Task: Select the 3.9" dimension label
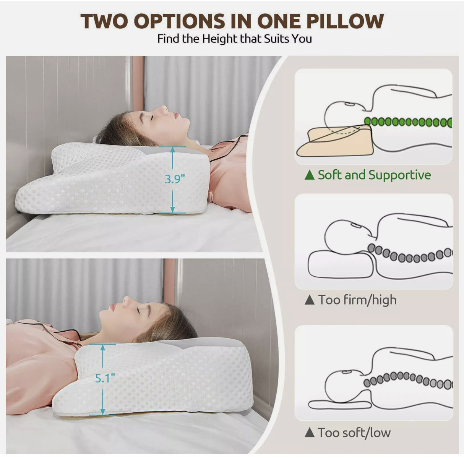tap(175, 179)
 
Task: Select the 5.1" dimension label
tap(105, 378)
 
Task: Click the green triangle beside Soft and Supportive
tap(309, 175)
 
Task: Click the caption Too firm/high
tap(357, 300)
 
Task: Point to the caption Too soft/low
tap(354, 433)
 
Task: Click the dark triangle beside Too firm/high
tap(309, 300)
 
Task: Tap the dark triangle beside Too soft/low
tap(309, 433)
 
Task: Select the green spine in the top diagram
tap(407, 122)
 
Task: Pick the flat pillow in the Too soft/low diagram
tap(336, 404)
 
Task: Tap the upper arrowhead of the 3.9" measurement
tap(173, 150)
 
